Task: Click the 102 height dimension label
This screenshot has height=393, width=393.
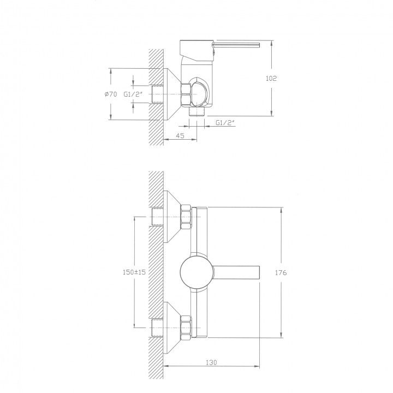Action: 271,79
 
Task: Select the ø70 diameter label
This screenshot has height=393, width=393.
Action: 110,94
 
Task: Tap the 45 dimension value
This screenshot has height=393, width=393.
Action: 180,135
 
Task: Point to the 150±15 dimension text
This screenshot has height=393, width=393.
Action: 134,272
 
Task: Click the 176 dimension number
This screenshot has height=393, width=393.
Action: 281,272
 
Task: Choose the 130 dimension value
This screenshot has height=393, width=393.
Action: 211,362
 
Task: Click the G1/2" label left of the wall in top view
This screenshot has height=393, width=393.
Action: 133,94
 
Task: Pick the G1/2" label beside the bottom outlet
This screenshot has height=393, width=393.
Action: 225,123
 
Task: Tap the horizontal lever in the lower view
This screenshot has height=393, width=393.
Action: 236,272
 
